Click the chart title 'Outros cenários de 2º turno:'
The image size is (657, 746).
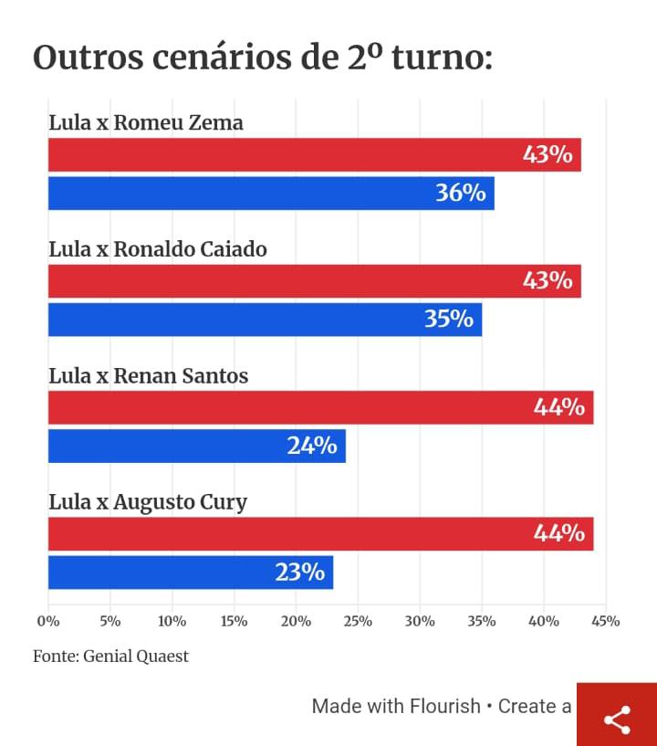pos(263,58)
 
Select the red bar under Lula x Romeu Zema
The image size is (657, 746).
pos(314,154)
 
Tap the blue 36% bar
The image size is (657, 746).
pos(270,193)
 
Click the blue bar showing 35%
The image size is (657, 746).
pos(265,319)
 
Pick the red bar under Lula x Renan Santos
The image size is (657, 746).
pos(320,407)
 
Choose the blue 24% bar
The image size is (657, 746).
pos(196,446)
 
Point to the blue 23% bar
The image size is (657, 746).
pos(190,572)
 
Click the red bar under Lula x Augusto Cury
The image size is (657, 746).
pos(320,533)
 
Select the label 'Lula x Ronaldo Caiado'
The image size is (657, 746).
pos(157,248)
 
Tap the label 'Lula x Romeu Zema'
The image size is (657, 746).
pos(145,122)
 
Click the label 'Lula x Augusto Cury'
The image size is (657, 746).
pos(147,501)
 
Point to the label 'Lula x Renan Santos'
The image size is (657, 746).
pos(148,375)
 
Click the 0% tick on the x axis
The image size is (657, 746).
pos(47,622)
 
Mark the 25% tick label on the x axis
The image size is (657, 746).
pos(358,622)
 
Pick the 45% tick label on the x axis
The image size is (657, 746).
pos(606,622)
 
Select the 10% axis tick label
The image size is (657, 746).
pos(172,622)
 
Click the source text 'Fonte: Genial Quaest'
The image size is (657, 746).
pos(110,657)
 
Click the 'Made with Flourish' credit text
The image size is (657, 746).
pos(395,706)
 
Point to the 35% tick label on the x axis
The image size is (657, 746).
pos(482,622)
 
